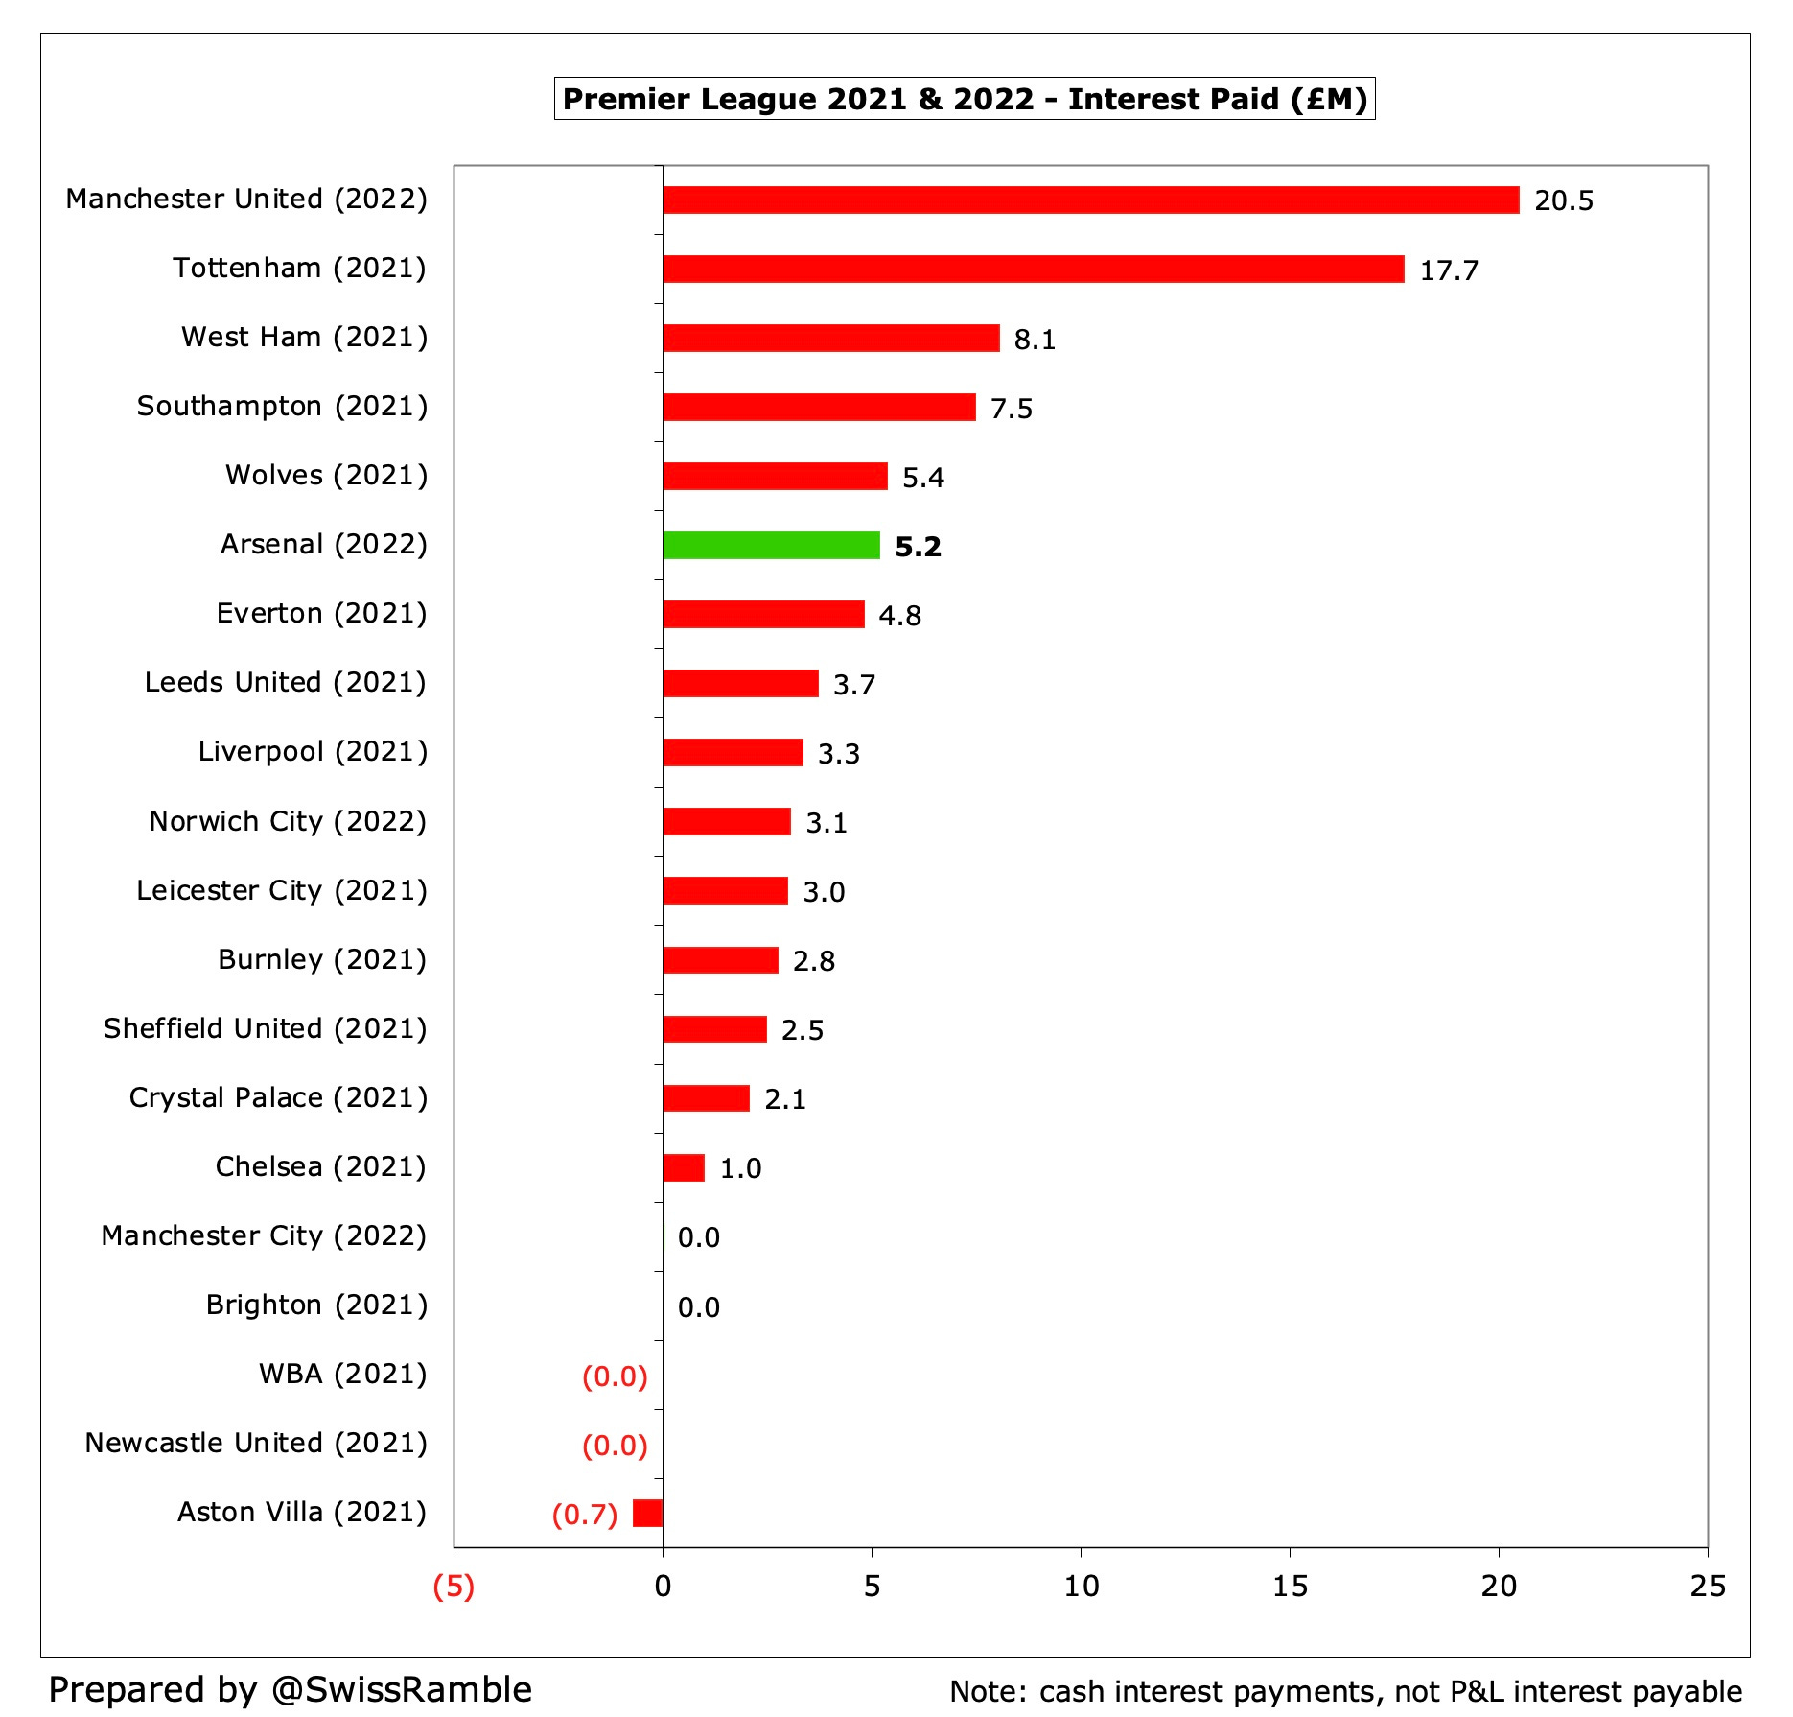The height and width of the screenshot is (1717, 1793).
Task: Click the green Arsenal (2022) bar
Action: click(771, 545)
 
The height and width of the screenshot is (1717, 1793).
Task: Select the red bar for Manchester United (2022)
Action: click(1090, 200)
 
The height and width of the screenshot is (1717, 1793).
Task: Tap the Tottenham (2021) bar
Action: click(1033, 269)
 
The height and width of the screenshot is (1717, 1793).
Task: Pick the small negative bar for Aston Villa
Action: click(647, 1513)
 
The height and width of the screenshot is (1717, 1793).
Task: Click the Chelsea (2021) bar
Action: click(684, 1167)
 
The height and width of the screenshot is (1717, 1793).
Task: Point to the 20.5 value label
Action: click(1563, 200)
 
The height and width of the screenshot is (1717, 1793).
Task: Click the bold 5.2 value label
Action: click(918, 547)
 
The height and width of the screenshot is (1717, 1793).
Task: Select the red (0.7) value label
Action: click(584, 1515)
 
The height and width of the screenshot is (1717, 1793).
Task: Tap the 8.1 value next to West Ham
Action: click(1035, 340)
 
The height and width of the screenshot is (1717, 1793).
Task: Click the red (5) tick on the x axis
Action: click(454, 1587)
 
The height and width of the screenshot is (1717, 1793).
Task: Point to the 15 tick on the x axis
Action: click(1290, 1587)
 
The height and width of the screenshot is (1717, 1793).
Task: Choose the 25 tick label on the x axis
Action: click(1707, 1587)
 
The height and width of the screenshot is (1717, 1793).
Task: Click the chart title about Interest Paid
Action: click(965, 99)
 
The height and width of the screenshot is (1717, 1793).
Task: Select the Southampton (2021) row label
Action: click(282, 406)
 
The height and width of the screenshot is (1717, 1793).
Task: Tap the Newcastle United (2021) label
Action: click(256, 1443)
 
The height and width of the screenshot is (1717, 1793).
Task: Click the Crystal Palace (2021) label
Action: click(278, 1097)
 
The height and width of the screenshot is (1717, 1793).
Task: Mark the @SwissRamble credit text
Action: click(290, 1689)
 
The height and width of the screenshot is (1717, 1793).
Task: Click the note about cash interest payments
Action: click(1345, 1691)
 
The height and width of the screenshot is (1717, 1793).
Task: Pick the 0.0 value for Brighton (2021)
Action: click(698, 1307)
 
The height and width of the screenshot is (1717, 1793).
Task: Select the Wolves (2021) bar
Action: click(775, 476)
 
